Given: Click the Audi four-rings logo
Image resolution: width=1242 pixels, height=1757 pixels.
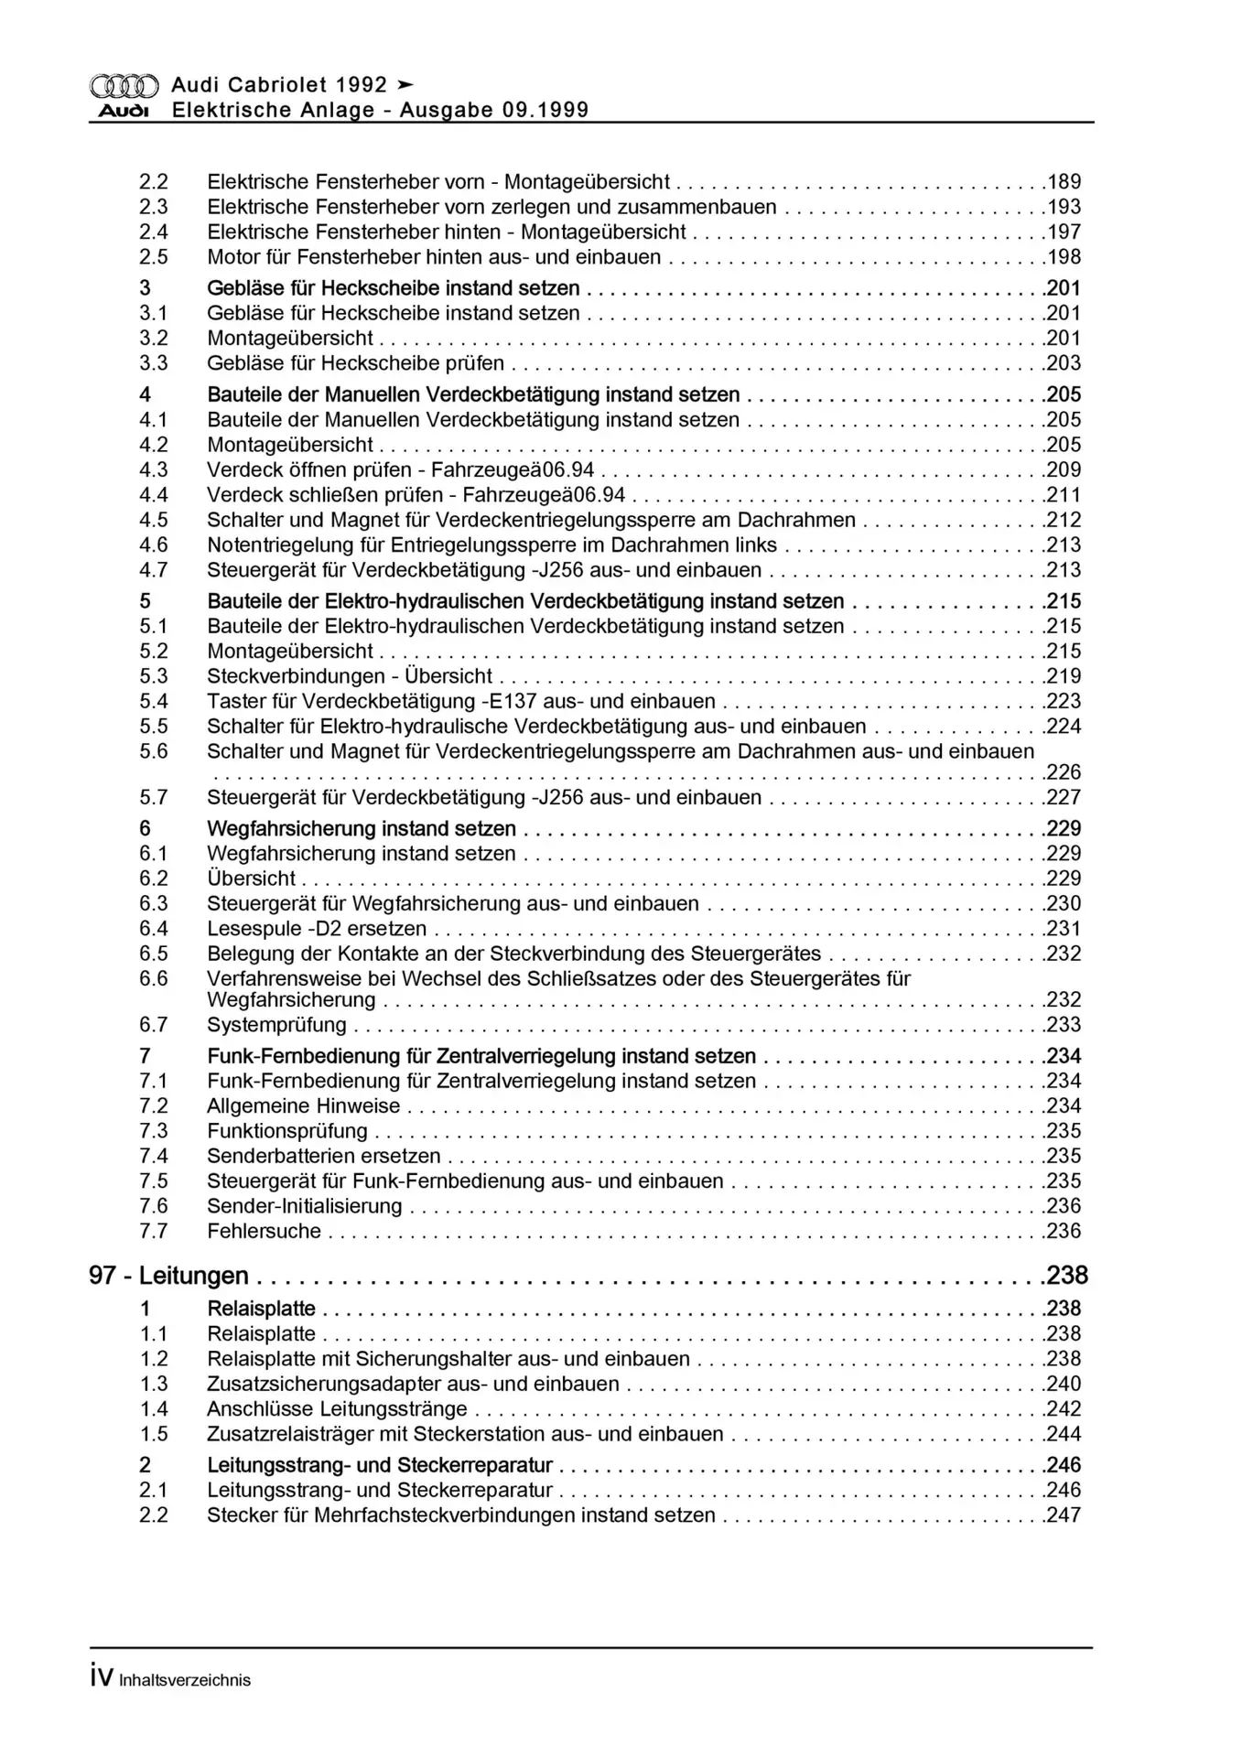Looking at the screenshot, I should tap(124, 86).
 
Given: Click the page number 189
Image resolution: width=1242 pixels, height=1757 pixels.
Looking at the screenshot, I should tap(1064, 182).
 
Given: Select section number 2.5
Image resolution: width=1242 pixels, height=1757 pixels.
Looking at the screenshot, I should tap(154, 257).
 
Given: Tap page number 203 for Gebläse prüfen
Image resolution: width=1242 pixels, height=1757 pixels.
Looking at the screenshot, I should tap(1064, 363).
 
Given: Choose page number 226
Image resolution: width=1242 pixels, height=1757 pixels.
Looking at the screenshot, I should tap(1064, 772).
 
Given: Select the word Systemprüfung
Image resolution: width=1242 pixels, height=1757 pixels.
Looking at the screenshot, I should tap(276, 1025).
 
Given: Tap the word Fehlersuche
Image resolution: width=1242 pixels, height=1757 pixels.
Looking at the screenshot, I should tap(264, 1232).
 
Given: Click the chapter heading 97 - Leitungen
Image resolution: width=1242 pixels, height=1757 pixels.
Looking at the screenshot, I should tap(168, 1276).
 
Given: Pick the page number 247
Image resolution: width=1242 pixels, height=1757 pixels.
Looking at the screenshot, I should tap(1064, 1515).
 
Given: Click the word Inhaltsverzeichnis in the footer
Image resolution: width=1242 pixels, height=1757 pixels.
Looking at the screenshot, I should tap(185, 1680).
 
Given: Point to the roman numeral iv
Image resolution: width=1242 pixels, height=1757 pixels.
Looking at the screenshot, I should tap(102, 1678).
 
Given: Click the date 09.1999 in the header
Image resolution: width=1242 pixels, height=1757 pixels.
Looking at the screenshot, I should tap(545, 111).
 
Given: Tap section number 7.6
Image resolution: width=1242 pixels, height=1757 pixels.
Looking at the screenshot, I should tap(154, 1206).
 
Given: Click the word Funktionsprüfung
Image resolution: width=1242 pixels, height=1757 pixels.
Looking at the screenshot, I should tap(287, 1131).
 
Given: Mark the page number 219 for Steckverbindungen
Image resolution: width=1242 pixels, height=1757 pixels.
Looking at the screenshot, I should tap(1064, 677).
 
